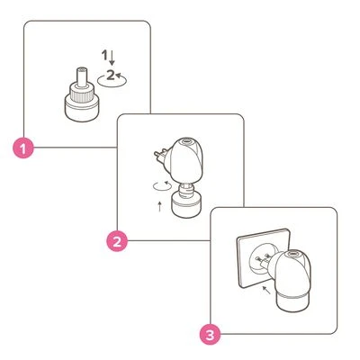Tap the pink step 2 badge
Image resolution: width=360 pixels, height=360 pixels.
point(115,241)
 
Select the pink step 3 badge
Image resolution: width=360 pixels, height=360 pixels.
point(208,334)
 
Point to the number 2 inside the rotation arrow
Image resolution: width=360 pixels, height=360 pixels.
point(110,76)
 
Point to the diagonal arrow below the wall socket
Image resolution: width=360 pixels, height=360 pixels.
point(265,291)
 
